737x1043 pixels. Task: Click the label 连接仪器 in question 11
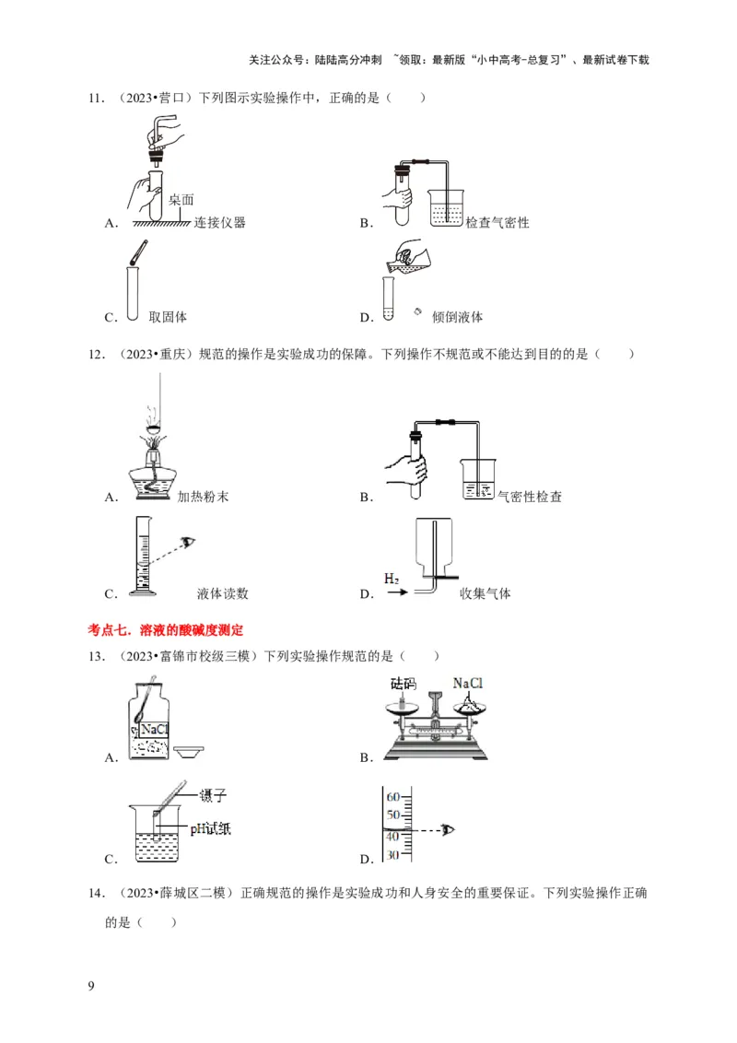[220, 222]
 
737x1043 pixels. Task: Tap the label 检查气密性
[497, 222]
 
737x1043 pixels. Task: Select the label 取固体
[168, 317]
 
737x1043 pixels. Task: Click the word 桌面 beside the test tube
[182, 199]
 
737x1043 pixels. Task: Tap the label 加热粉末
[203, 497]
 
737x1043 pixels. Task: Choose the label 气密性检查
[530, 497]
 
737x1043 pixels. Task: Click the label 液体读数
[222, 593]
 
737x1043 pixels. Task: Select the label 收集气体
[485, 593]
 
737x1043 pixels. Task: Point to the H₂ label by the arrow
[392, 578]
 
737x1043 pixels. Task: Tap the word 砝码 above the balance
[404, 684]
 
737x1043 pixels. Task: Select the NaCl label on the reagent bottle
[155, 728]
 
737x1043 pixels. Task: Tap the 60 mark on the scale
[392, 796]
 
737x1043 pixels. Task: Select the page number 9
[90, 988]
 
